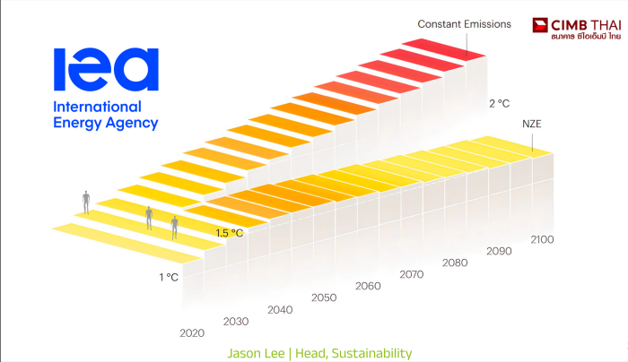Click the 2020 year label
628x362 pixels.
192,332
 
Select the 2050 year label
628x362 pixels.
324,297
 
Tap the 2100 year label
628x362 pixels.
542,239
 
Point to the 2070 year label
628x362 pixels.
411,274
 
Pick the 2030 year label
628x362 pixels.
236,321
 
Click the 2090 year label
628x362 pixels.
499,251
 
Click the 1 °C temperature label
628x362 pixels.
169,277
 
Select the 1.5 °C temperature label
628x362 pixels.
230,233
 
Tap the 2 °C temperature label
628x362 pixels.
500,104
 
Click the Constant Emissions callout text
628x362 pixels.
464,24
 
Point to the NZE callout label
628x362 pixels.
531,124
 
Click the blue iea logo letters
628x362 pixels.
106,69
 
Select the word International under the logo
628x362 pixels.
97,107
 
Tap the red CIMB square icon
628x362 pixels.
540,25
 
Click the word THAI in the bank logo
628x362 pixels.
606,25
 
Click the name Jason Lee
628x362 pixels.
256,353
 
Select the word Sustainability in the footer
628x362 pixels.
371,354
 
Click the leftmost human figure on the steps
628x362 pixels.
86,202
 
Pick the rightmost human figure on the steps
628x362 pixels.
174,228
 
